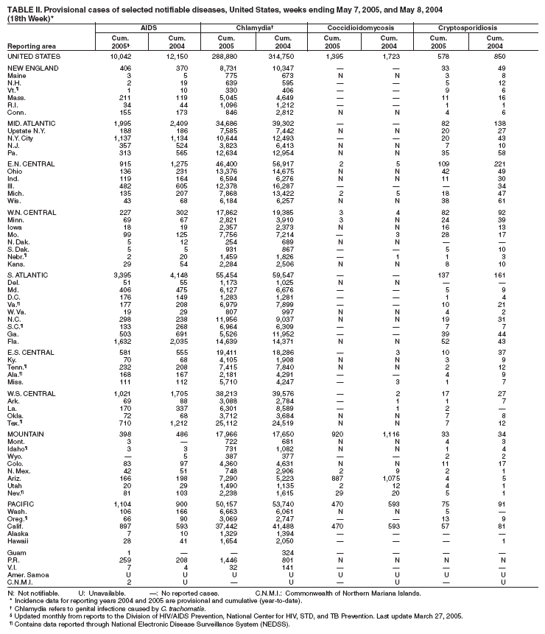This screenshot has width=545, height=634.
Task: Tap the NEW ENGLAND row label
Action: point(29,68)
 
